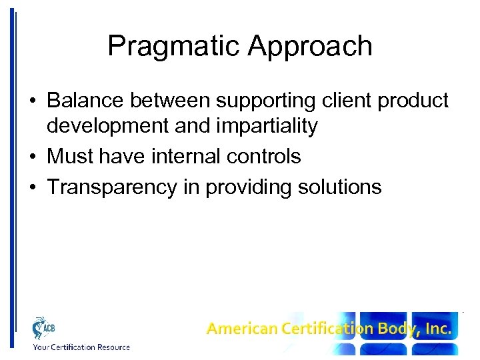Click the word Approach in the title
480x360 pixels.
[x=309, y=47]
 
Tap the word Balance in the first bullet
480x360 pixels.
[x=86, y=101]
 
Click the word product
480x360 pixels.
[x=415, y=101]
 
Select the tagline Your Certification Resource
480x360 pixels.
[x=81, y=347]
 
